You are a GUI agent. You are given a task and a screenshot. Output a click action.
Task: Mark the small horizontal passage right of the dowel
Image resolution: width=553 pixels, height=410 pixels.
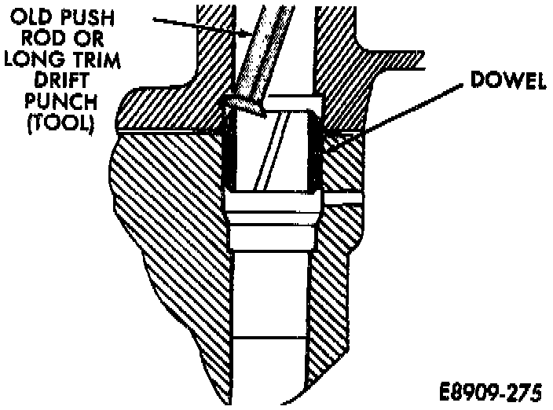click(342, 200)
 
